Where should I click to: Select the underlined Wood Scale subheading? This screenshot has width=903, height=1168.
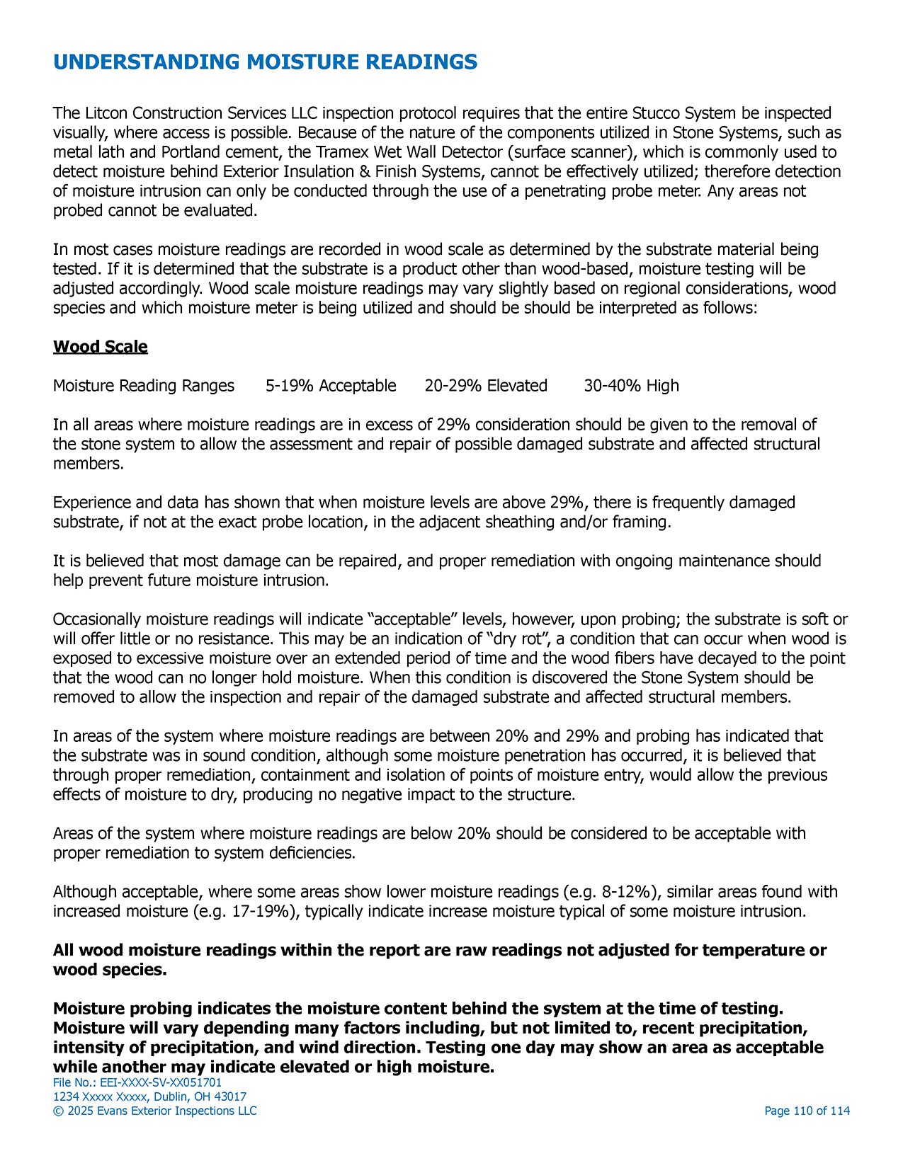coord(100,347)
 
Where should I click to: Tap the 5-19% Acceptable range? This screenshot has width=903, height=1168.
coord(331,386)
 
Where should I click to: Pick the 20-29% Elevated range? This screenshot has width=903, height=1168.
coord(486,386)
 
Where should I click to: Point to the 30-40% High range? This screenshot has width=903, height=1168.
coord(631,386)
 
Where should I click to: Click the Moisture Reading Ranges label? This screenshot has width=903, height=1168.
coord(144,386)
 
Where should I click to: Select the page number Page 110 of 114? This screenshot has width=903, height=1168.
coord(807,1111)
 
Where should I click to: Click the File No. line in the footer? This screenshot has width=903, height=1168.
coord(137,1082)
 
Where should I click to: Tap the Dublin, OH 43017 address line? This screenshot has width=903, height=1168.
coord(150,1097)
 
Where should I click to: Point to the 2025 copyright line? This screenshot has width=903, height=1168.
coord(155,1111)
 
